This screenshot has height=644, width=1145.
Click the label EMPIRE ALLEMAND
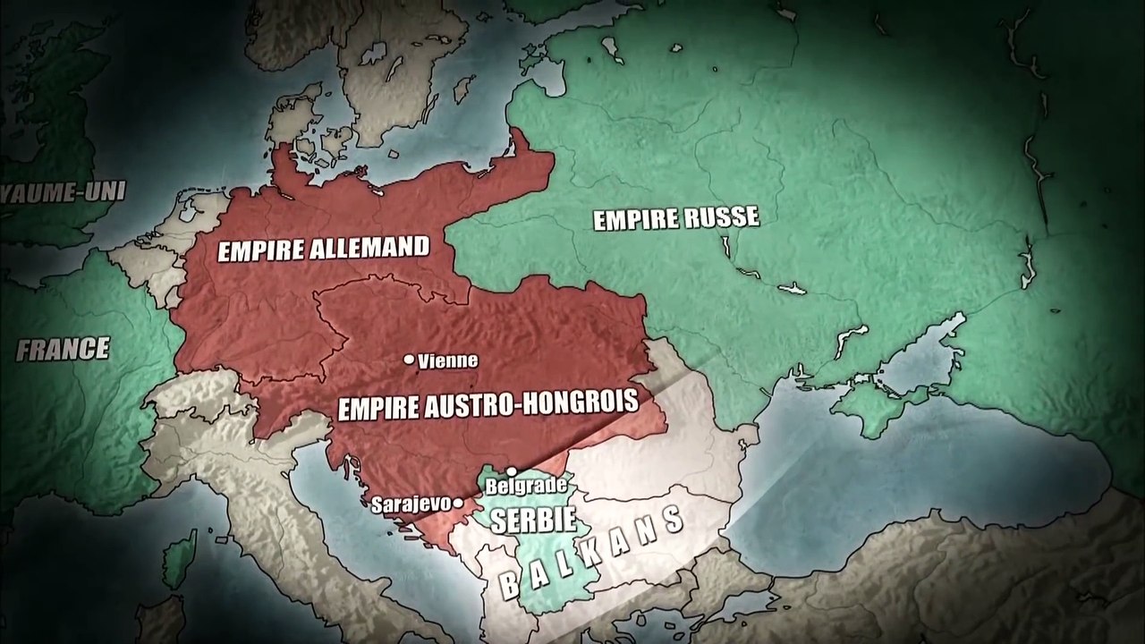tap(324, 248)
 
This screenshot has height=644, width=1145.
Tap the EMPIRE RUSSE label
tap(676, 218)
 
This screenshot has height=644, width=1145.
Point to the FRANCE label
tap(63, 349)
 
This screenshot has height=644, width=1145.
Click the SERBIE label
tap(520, 521)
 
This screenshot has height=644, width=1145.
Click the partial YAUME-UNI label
tap(63, 191)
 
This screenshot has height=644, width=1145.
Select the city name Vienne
tap(447, 361)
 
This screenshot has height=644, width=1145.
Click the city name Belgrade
tap(525, 486)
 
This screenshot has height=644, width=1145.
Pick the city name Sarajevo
tap(411, 504)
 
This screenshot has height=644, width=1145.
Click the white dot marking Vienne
tap(409, 360)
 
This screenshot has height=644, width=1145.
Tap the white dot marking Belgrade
tap(512, 471)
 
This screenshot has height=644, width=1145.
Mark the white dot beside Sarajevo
tap(458, 504)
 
